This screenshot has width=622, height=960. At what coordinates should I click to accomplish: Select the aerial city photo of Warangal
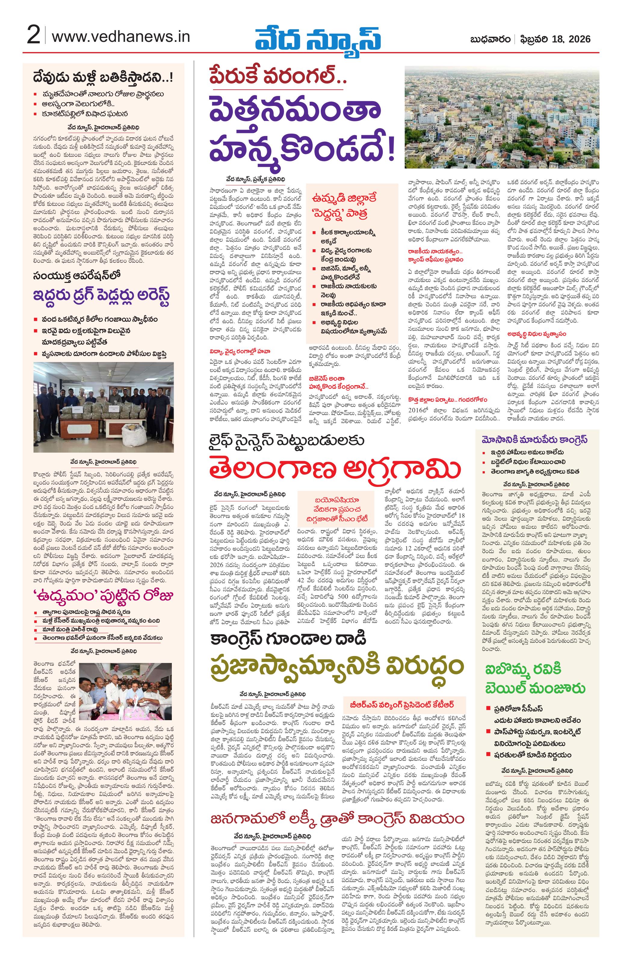[x=502, y=117]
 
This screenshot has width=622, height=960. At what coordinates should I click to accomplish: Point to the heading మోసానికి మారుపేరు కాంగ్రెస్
[x=537, y=439]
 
